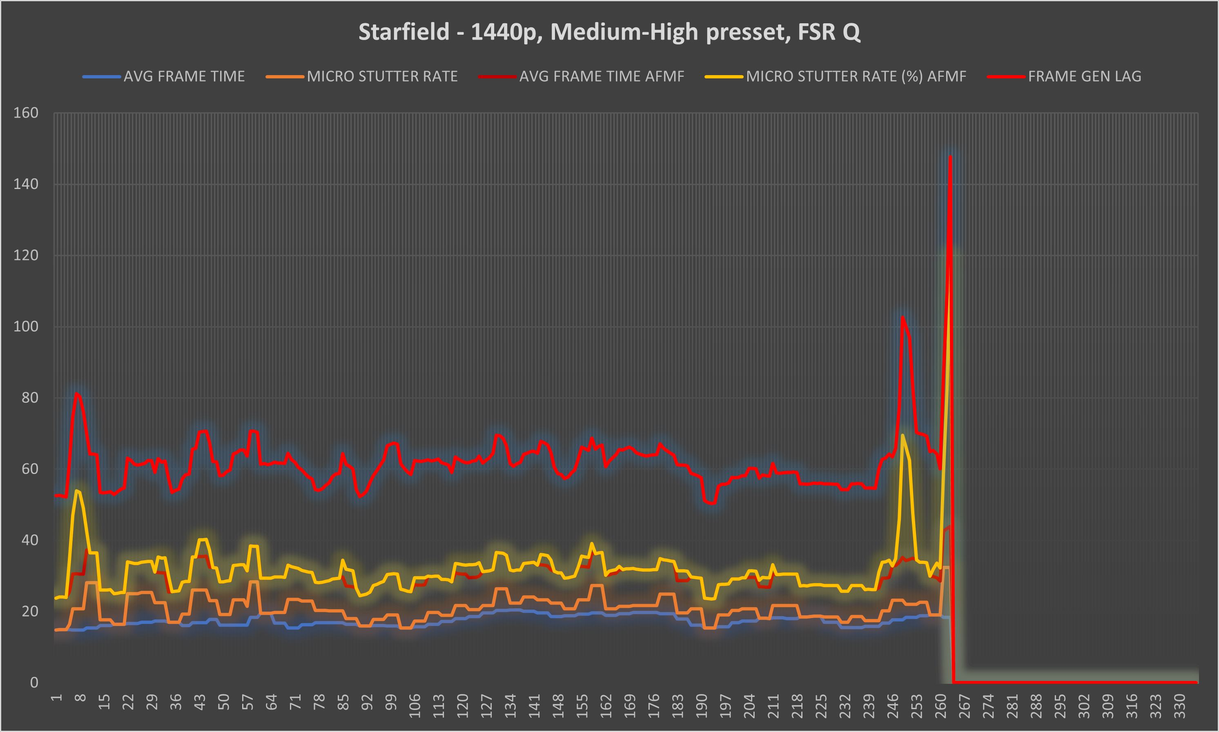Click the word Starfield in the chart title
(403, 32)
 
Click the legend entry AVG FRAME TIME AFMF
(602, 76)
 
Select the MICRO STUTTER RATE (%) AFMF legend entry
(856, 76)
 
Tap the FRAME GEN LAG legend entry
(1084, 76)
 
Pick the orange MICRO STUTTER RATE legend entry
(382, 76)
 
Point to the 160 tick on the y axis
(26, 113)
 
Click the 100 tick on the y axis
(26, 327)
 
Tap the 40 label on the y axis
(29, 540)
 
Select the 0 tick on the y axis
(34, 682)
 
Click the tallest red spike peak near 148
(950, 157)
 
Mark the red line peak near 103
(902, 317)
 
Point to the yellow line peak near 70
(902, 435)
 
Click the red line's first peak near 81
(77, 393)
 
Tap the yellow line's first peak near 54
(77, 490)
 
